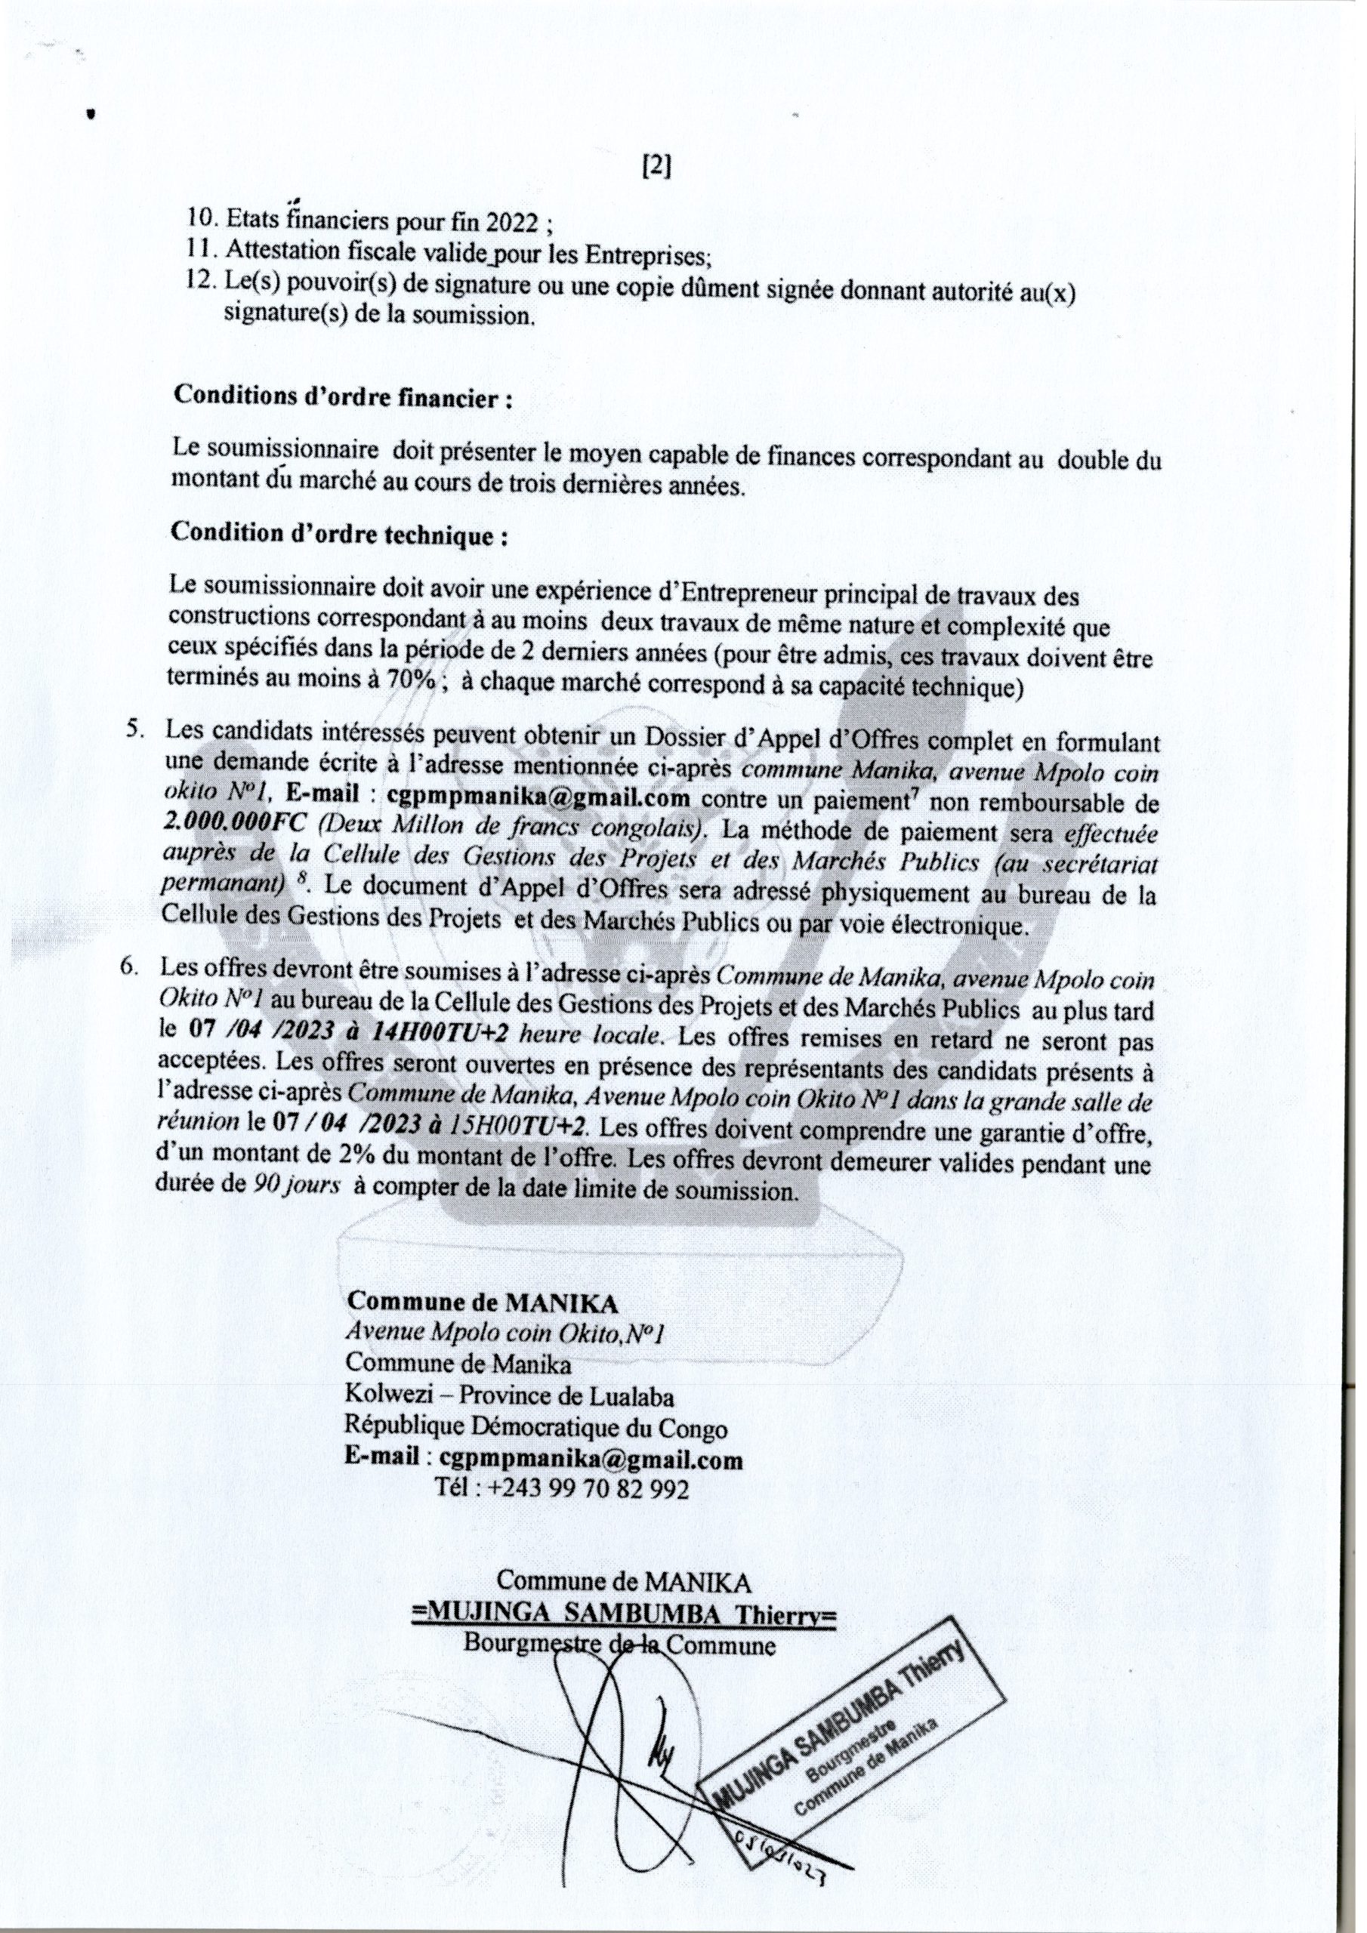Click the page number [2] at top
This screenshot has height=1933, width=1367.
point(656,168)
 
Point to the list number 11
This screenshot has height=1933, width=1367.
point(199,252)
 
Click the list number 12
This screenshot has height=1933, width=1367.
point(200,282)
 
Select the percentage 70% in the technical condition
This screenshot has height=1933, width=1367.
point(409,682)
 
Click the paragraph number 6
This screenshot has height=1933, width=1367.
point(128,968)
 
